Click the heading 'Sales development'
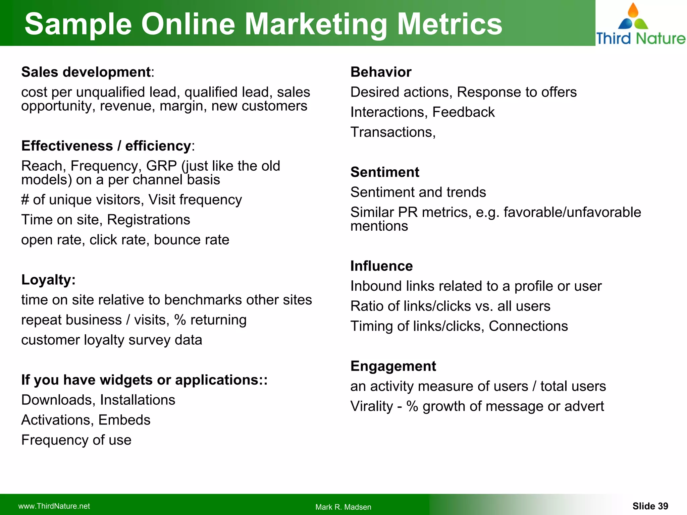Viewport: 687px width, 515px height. [86, 72]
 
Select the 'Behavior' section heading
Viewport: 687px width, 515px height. [381, 72]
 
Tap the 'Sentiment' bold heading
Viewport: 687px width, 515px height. [385, 172]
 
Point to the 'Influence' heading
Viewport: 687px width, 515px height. [381, 266]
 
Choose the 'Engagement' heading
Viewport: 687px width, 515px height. [393, 366]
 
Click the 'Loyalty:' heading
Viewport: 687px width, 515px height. [48, 280]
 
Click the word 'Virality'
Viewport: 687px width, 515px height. [372, 406]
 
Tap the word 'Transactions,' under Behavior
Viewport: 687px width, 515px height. [393, 132]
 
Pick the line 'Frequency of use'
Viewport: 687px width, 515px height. [76, 440]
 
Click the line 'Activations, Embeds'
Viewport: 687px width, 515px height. [86, 420]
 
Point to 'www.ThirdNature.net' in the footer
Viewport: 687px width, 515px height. [54, 506]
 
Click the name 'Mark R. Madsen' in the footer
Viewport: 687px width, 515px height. [343, 507]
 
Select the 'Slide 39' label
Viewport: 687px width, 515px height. [650, 506]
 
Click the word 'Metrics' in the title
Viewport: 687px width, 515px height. [450, 24]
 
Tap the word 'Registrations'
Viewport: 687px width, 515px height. [149, 220]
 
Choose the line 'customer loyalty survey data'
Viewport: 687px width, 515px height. [112, 340]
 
